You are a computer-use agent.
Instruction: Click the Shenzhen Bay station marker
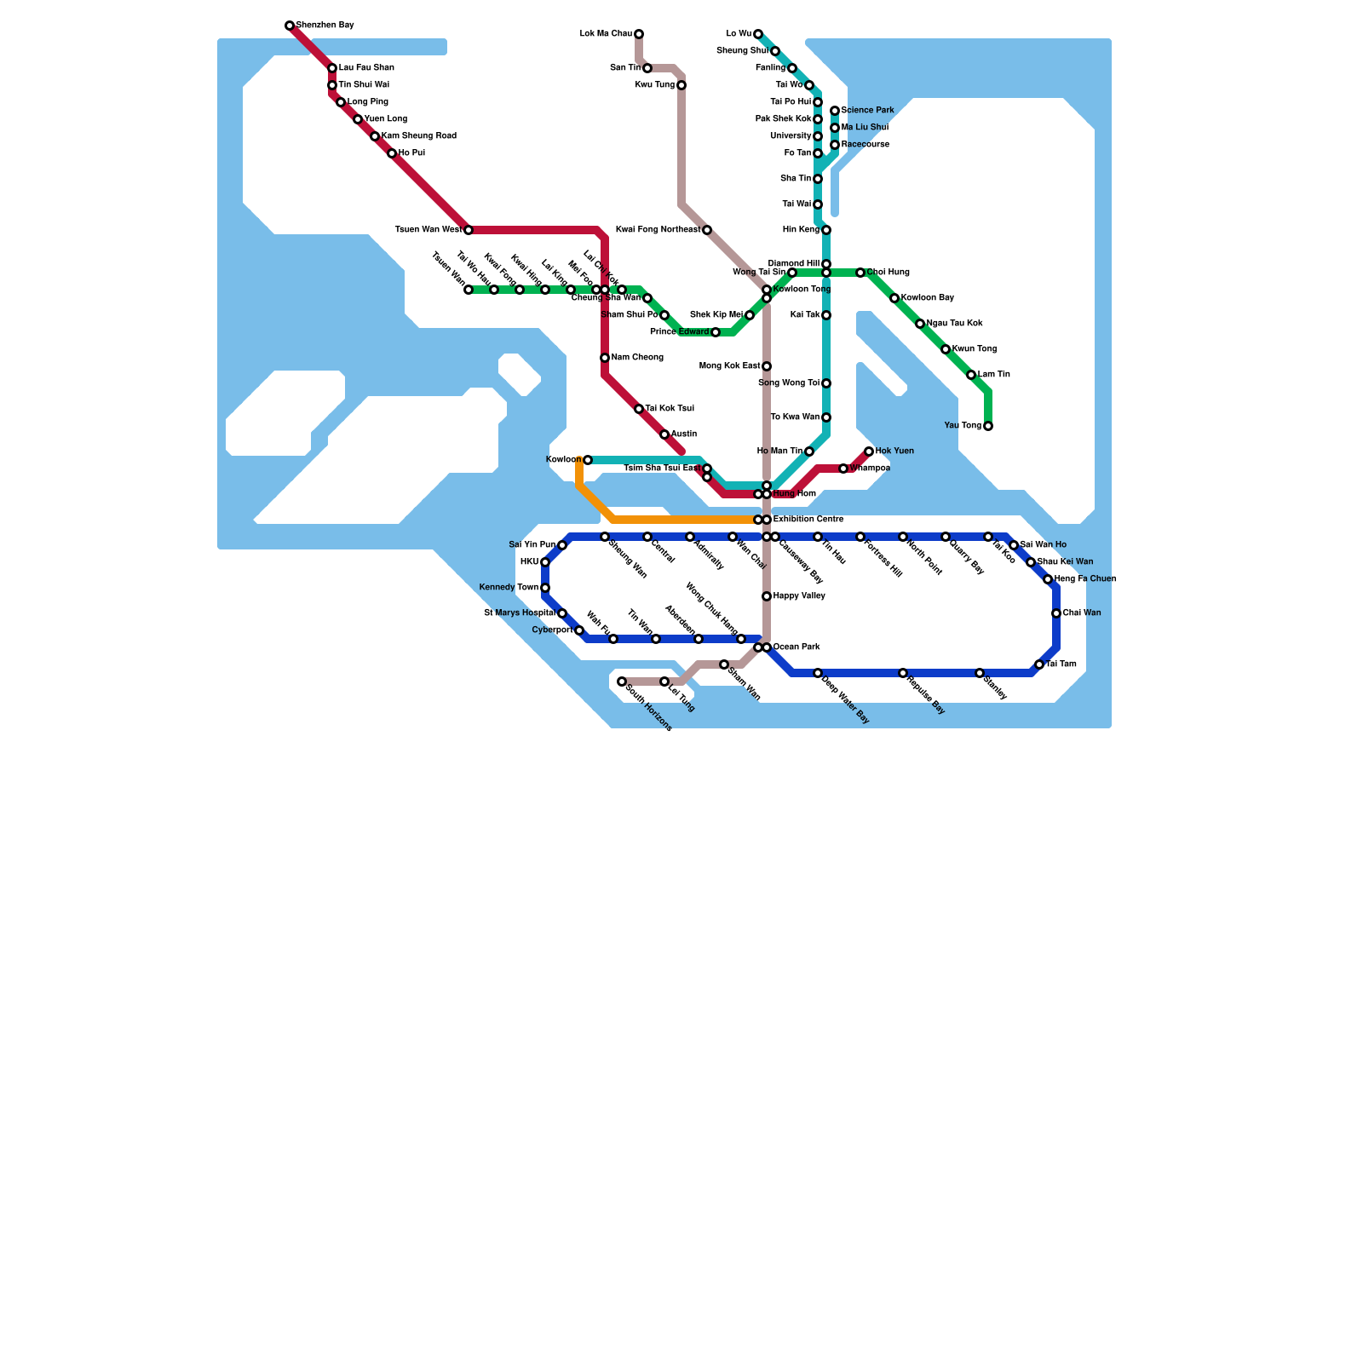(290, 26)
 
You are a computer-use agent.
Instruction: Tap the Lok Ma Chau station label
(606, 34)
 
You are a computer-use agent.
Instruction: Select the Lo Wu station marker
(758, 34)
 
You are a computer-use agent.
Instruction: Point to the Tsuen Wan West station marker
(469, 230)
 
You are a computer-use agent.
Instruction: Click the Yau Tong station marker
(988, 426)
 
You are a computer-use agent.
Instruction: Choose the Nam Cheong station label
(637, 358)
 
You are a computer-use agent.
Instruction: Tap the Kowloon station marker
(588, 460)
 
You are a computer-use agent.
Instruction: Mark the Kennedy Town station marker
(545, 588)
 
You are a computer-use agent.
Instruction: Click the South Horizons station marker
(622, 681)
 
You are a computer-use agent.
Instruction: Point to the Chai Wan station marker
(1056, 613)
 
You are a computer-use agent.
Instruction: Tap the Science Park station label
(867, 111)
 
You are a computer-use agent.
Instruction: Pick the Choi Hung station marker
(860, 273)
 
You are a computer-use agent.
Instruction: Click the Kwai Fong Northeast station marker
(707, 230)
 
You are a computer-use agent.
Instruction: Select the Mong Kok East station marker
(767, 366)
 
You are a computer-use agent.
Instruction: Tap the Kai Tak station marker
(826, 315)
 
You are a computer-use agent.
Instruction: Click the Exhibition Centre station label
(808, 520)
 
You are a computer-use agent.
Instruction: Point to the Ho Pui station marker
(392, 153)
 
